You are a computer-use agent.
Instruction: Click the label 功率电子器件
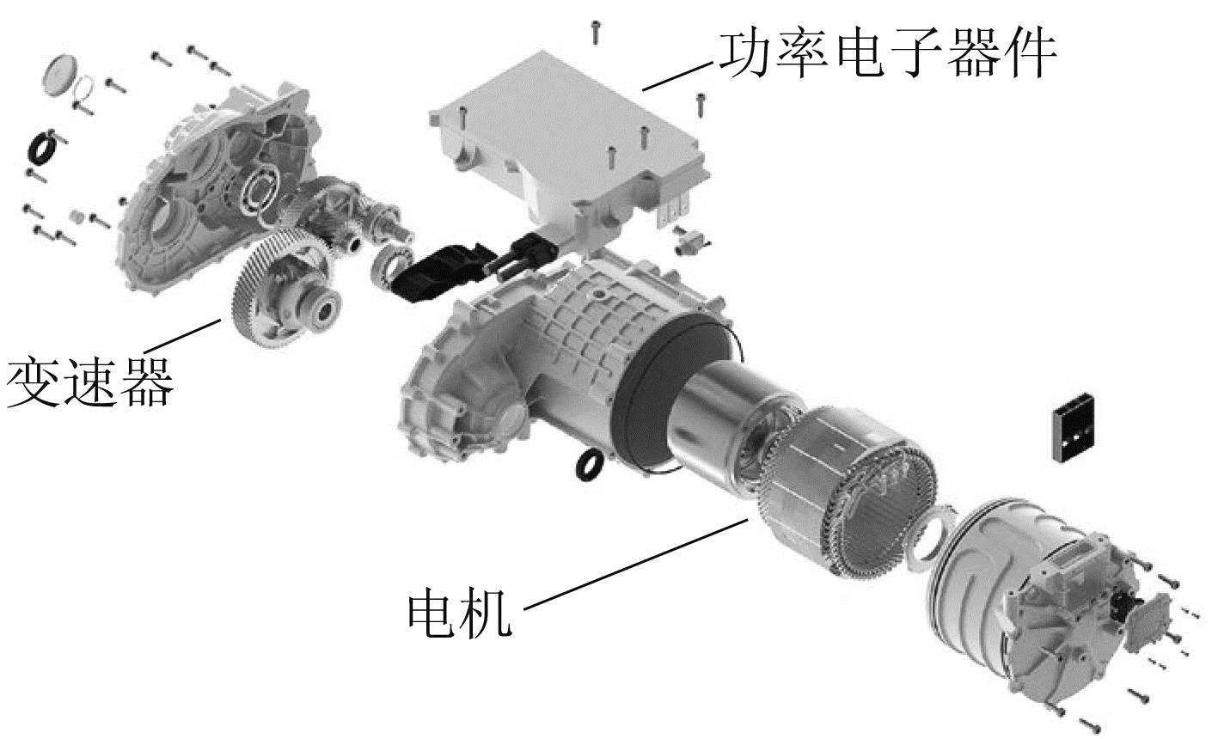(888, 53)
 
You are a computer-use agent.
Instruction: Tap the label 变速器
(90, 382)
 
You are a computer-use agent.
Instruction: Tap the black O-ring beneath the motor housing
(590, 465)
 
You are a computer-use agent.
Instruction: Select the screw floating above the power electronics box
(597, 32)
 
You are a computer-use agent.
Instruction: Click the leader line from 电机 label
(635, 565)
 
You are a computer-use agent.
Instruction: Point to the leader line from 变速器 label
(182, 336)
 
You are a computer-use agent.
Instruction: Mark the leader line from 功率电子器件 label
(677, 76)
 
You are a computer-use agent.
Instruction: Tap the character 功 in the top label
(745, 53)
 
